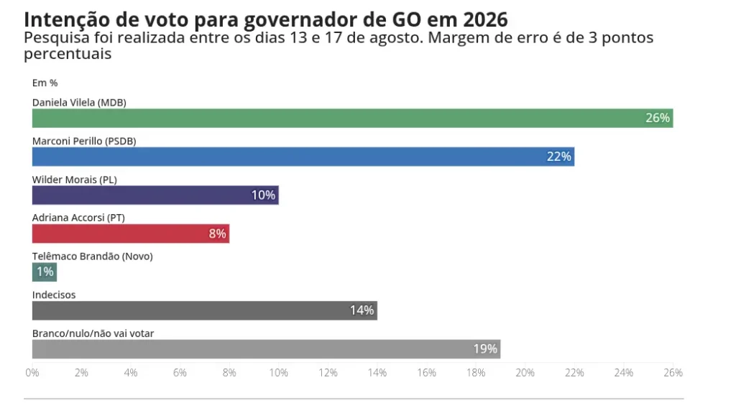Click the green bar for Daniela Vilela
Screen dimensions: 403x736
point(352,118)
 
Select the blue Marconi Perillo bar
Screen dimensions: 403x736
point(303,157)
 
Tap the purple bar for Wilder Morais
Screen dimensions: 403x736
point(155,195)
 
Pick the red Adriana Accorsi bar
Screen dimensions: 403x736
point(130,233)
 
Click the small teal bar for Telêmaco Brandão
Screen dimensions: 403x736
point(44,272)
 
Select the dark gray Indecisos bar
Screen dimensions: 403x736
point(204,310)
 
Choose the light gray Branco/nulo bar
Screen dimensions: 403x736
point(266,349)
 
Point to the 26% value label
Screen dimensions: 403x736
point(658,118)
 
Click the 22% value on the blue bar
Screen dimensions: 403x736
point(558,157)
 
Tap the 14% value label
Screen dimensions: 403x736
point(362,310)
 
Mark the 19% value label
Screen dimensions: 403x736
point(485,349)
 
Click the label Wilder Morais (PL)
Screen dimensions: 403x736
point(75,180)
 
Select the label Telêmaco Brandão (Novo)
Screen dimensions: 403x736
point(93,256)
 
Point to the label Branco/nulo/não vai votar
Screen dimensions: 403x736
point(93,333)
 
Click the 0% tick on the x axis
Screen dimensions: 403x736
point(32,373)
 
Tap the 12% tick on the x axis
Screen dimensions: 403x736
point(328,373)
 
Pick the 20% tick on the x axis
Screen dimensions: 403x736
point(525,373)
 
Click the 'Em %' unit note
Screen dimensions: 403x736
point(45,83)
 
